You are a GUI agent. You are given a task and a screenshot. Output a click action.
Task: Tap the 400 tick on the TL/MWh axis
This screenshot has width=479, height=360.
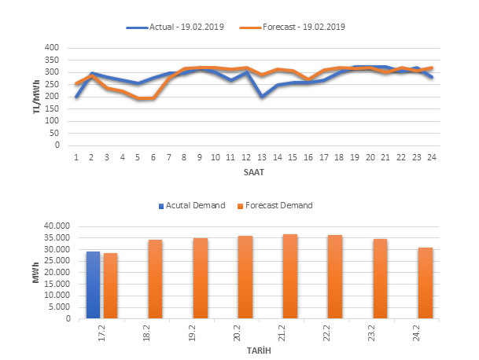click(x=51, y=48)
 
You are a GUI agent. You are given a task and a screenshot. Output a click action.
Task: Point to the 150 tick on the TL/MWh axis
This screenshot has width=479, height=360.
click(x=51, y=108)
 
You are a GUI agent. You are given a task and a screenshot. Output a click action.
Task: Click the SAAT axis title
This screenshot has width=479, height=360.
click(x=253, y=171)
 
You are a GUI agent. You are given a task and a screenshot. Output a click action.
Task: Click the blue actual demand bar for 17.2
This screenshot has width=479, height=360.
click(x=94, y=285)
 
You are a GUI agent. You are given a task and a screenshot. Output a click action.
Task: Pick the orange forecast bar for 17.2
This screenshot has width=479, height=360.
click(x=109, y=286)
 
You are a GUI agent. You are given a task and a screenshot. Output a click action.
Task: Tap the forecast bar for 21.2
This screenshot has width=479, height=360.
click(x=290, y=277)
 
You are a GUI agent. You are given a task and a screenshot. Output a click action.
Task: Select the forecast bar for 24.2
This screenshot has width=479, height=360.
click(x=426, y=283)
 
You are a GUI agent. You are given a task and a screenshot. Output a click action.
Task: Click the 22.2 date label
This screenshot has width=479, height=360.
click(x=335, y=332)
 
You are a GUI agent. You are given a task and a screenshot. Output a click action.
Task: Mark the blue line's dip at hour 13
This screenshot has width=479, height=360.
click(x=261, y=96)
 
